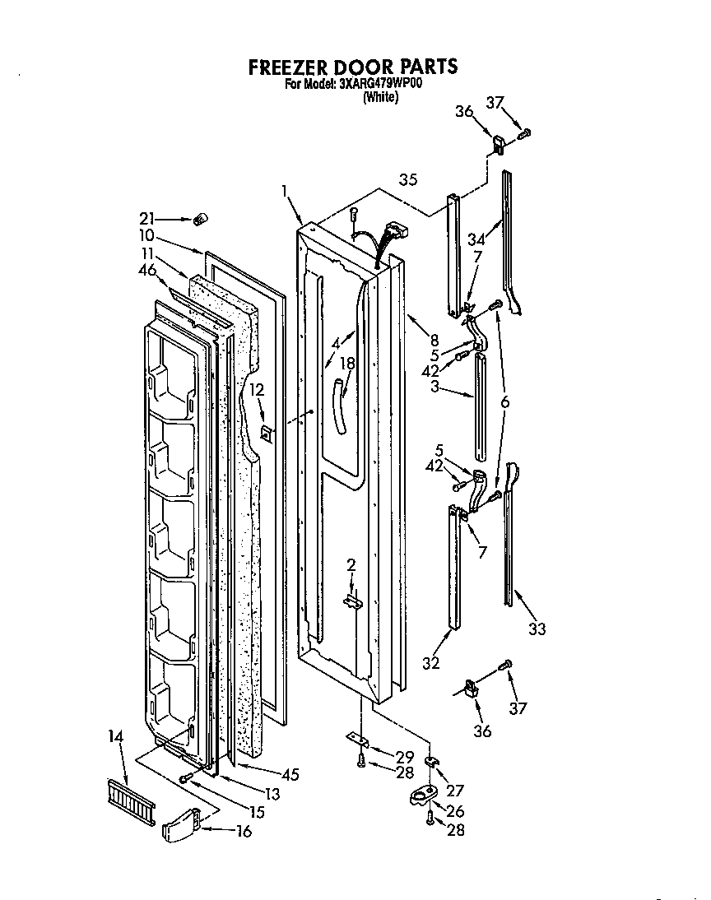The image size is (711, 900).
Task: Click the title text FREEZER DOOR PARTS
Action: [352, 67]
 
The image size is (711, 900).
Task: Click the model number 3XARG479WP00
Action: [379, 84]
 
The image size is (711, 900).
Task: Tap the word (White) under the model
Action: [380, 98]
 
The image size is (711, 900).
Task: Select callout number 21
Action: [148, 218]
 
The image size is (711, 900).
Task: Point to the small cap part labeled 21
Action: [198, 220]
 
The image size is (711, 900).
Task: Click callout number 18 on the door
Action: [347, 363]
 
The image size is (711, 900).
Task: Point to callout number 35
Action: [408, 179]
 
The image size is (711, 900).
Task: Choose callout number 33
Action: [537, 629]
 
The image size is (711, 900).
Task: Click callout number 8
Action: [434, 339]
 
